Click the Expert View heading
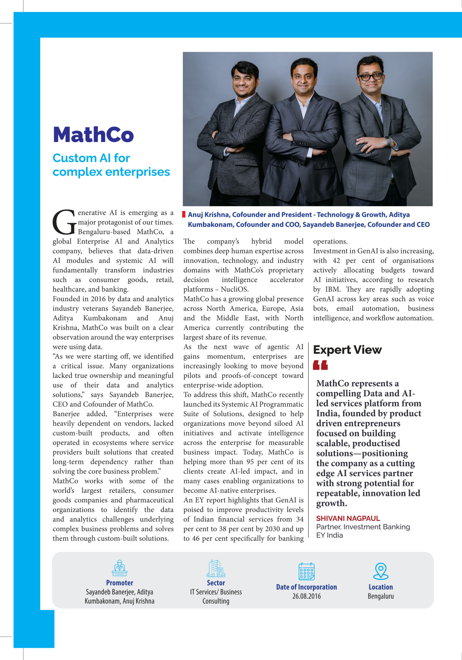[x=347, y=350]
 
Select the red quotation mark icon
[x=320, y=365]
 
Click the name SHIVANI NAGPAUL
[x=348, y=518]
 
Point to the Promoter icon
[x=119, y=568]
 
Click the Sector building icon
[x=216, y=568]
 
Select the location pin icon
[x=380, y=571]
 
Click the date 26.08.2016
[x=306, y=596]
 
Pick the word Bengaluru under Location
[x=380, y=596]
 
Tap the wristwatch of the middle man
[x=293, y=136]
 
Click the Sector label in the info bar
[x=216, y=583]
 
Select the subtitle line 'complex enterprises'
[x=111, y=172]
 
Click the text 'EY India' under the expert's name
[x=329, y=535]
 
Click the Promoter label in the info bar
[x=119, y=583]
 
